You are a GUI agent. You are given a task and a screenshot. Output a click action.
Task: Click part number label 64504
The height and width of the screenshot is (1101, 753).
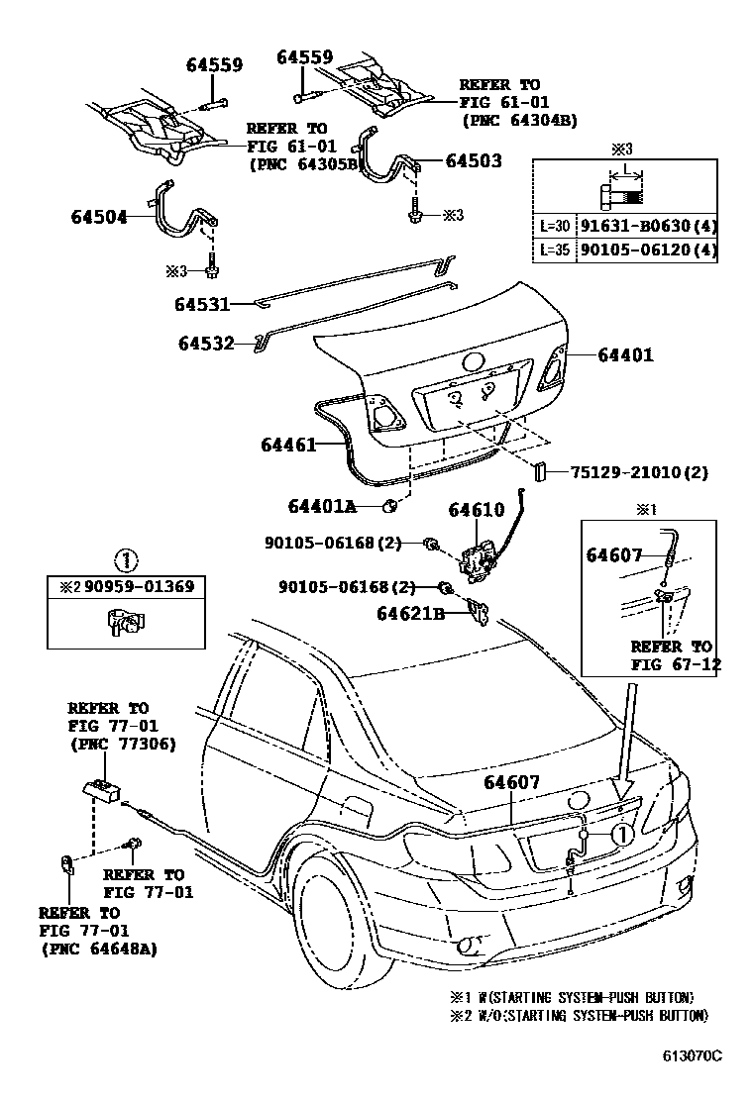(x=99, y=217)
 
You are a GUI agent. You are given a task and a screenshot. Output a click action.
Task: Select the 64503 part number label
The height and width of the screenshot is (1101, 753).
(x=474, y=160)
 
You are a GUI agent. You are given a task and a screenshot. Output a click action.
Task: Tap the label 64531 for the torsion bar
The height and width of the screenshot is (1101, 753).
(x=202, y=304)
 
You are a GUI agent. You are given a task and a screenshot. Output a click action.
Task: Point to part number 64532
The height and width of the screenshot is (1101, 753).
(x=206, y=344)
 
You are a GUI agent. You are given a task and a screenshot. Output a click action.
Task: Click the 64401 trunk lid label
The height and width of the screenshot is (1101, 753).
(x=626, y=354)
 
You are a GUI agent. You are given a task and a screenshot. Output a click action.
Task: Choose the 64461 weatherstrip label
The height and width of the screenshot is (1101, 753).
(x=288, y=445)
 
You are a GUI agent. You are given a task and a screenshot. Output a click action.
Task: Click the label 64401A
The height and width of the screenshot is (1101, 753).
(x=322, y=506)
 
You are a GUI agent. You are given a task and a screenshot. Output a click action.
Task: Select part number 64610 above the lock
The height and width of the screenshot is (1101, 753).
(x=477, y=510)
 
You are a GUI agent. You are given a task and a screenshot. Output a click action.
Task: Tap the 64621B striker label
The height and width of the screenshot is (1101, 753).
(x=411, y=614)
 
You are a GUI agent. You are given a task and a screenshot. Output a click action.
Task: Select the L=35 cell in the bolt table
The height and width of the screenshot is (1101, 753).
(x=554, y=250)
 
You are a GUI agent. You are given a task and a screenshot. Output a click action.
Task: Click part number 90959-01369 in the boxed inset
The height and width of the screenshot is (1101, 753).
(x=139, y=586)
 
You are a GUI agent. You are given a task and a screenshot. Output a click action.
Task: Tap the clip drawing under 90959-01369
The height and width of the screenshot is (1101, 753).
(x=127, y=623)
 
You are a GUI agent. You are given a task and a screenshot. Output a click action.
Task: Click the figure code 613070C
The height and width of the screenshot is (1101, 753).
(x=693, y=1056)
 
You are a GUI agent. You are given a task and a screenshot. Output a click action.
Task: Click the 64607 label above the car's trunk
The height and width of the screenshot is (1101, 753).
(x=511, y=782)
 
